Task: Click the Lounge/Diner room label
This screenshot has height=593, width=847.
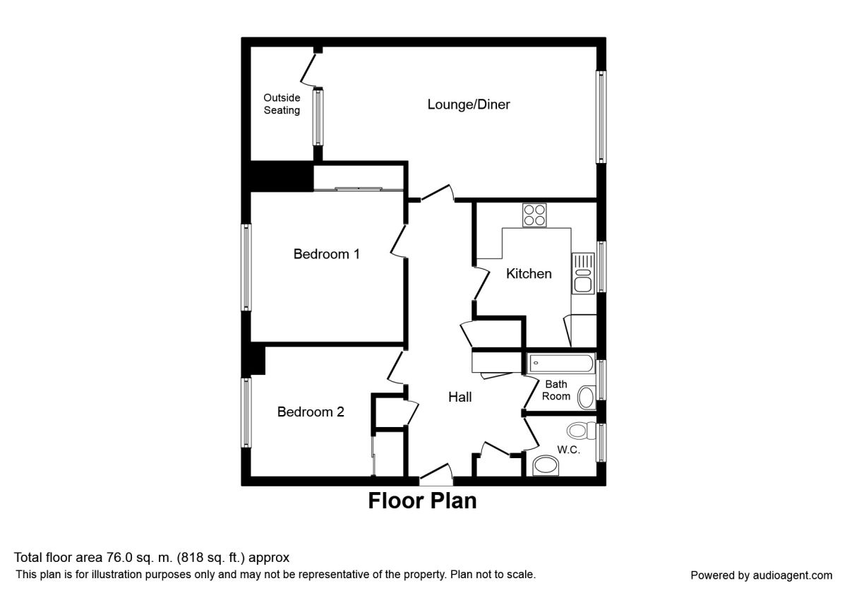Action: tap(469, 104)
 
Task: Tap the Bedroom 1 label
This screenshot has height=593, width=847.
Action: tap(326, 253)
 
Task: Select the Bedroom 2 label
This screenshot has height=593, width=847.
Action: tap(311, 412)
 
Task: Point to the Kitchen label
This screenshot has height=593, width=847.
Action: tap(529, 273)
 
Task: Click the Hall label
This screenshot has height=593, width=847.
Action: tap(459, 397)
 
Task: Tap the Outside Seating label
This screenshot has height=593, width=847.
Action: tap(282, 104)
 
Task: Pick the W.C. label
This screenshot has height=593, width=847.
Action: tap(568, 450)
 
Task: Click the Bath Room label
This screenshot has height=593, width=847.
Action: tap(556, 390)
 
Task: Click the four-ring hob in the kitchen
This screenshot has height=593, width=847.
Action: tap(534, 215)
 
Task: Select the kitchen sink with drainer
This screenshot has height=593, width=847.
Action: tap(583, 273)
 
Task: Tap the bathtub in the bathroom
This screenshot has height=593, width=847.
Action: tap(561, 364)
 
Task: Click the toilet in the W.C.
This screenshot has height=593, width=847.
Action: tap(581, 431)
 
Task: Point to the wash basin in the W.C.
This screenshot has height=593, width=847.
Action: tap(546, 465)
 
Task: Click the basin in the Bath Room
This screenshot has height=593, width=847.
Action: tap(587, 397)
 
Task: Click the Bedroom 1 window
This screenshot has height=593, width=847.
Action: tap(246, 268)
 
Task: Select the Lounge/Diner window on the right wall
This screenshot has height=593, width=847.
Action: tap(601, 117)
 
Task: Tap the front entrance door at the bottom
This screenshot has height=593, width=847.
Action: tap(436, 475)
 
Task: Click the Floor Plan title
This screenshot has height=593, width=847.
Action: tap(422, 501)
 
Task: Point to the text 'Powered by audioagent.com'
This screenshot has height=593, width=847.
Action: tap(761, 575)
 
